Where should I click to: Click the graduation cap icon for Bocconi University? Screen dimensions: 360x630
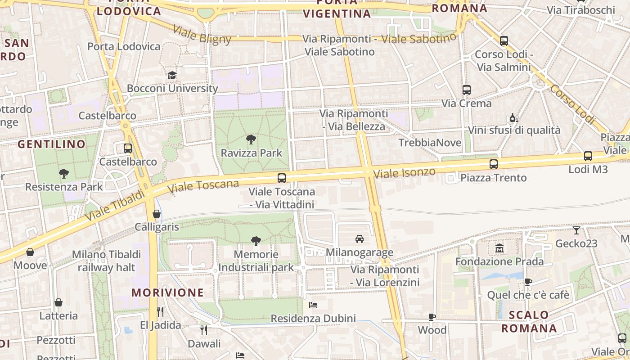click(172, 75)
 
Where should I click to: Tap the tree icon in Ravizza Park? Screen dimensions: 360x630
click(251, 139)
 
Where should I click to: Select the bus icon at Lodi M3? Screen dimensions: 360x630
click(588, 156)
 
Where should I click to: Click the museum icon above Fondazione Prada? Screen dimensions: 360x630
click(499, 248)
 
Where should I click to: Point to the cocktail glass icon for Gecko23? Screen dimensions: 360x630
click(576, 230)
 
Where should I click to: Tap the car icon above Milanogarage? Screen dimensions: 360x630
click(359, 239)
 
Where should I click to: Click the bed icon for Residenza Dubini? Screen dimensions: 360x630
click(313, 305)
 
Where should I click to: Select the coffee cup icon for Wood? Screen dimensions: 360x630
click(432, 317)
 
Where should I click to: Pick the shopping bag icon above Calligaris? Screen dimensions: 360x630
click(157, 214)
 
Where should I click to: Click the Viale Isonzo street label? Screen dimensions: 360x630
click(405, 172)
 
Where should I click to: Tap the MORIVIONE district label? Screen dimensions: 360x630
click(167, 292)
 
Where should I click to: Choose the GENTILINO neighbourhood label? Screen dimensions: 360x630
click(51, 144)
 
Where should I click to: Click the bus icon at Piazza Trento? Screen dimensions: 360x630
click(494, 164)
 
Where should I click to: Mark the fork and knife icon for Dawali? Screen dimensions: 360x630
click(204, 330)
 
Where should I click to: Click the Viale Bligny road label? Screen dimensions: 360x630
click(202, 35)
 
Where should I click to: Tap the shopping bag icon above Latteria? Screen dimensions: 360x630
click(58, 302)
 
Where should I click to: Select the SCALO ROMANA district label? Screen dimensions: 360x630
click(529, 321)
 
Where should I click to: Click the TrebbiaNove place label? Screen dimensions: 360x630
click(430, 143)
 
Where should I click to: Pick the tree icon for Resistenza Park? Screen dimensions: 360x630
click(64, 173)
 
